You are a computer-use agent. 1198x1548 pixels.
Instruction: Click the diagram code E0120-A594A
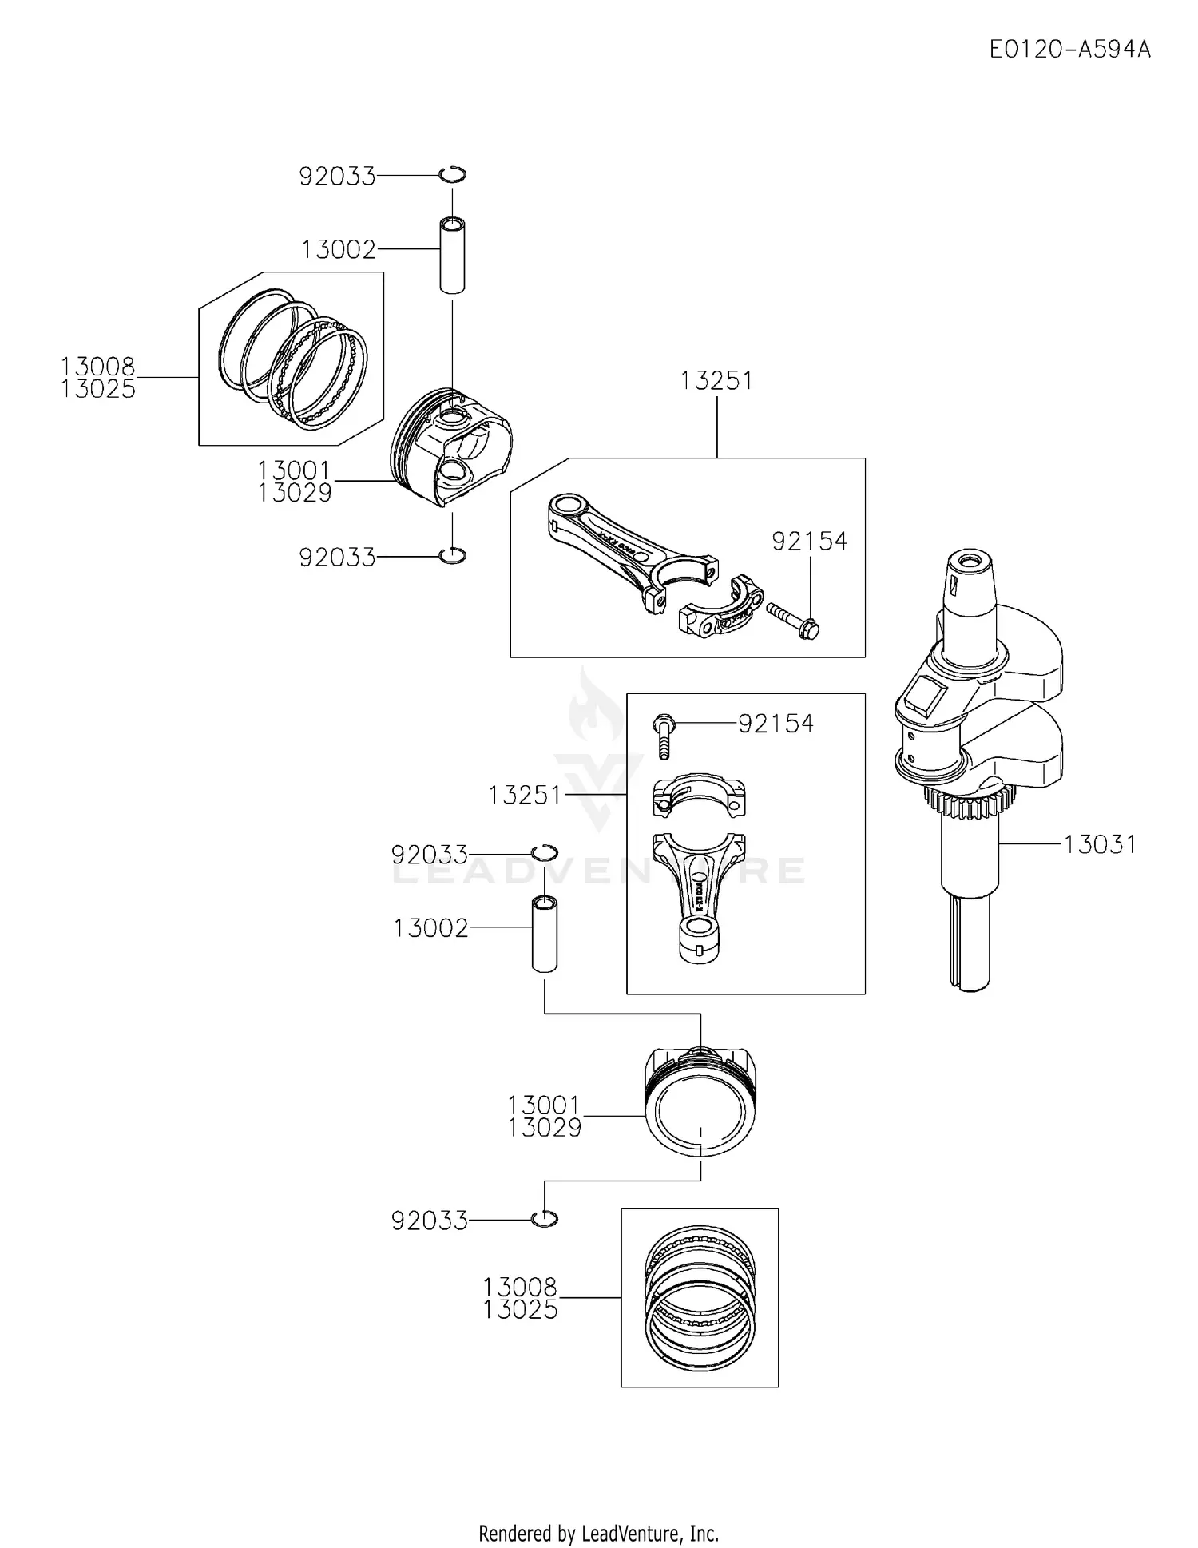[1069, 50]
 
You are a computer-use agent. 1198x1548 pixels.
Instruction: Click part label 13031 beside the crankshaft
[1099, 844]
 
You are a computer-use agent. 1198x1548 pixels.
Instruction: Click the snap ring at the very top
[453, 174]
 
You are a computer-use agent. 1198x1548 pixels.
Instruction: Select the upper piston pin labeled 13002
[452, 254]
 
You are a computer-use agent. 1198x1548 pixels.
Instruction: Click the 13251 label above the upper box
[716, 380]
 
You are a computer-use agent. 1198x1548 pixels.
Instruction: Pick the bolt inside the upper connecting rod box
[793, 619]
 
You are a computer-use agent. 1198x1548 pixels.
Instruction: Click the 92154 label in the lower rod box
[775, 724]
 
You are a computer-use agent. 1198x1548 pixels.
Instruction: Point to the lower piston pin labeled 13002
[545, 934]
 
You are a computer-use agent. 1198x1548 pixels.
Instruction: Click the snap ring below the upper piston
[453, 555]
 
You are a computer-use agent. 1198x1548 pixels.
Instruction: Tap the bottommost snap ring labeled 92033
[545, 1219]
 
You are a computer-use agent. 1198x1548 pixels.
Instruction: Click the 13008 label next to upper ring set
[98, 367]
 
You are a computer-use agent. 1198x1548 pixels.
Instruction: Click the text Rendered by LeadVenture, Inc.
[598, 1533]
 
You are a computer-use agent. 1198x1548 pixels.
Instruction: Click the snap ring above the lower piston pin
[545, 851]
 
